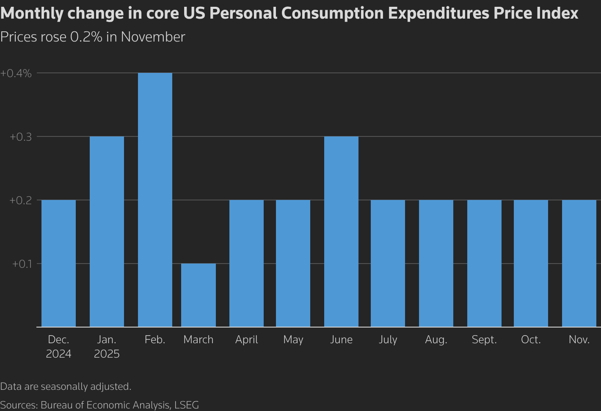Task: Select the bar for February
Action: pos(155,200)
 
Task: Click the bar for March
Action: pos(198,295)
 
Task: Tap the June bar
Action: pos(341,231)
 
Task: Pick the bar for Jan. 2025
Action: pos(107,231)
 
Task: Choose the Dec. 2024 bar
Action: pos(58,263)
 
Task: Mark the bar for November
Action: pos(579,263)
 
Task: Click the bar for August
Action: pos(436,263)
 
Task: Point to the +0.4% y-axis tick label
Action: pos(16,73)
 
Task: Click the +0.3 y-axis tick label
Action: pos(21,137)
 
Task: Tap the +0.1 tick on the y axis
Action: pos(22,264)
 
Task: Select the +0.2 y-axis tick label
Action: pos(21,200)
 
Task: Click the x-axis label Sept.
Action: pos(484,340)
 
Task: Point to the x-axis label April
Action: pos(246,340)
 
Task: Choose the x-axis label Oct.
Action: pos(531,340)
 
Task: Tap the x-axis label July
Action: pos(388,340)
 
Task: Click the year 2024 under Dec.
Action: pos(58,354)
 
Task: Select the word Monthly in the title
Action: pos(31,14)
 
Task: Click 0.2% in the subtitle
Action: pos(86,37)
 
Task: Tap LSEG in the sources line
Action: pos(186,405)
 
